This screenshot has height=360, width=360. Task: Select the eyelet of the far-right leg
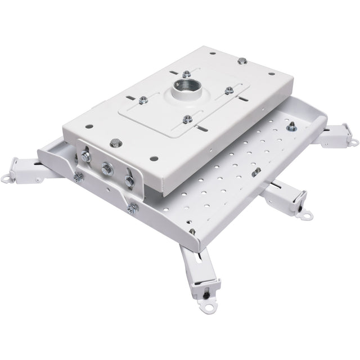coord(353,143)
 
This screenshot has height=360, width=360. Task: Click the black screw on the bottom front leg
coord(206,292)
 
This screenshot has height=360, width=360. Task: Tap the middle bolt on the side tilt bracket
coord(106,168)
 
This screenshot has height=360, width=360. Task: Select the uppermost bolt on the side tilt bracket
coord(87,156)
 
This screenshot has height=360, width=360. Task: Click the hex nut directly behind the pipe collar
coord(186,73)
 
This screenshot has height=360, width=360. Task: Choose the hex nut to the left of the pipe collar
coord(144,100)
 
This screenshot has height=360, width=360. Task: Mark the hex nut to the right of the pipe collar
coord(229,91)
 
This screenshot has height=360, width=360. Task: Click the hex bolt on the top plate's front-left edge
coord(115,142)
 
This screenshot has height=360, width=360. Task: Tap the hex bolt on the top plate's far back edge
coord(241,60)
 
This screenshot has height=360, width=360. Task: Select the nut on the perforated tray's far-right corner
coord(291,127)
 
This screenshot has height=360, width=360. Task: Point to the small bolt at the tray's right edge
coord(256,172)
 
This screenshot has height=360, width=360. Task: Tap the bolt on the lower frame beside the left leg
coord(77,177)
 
